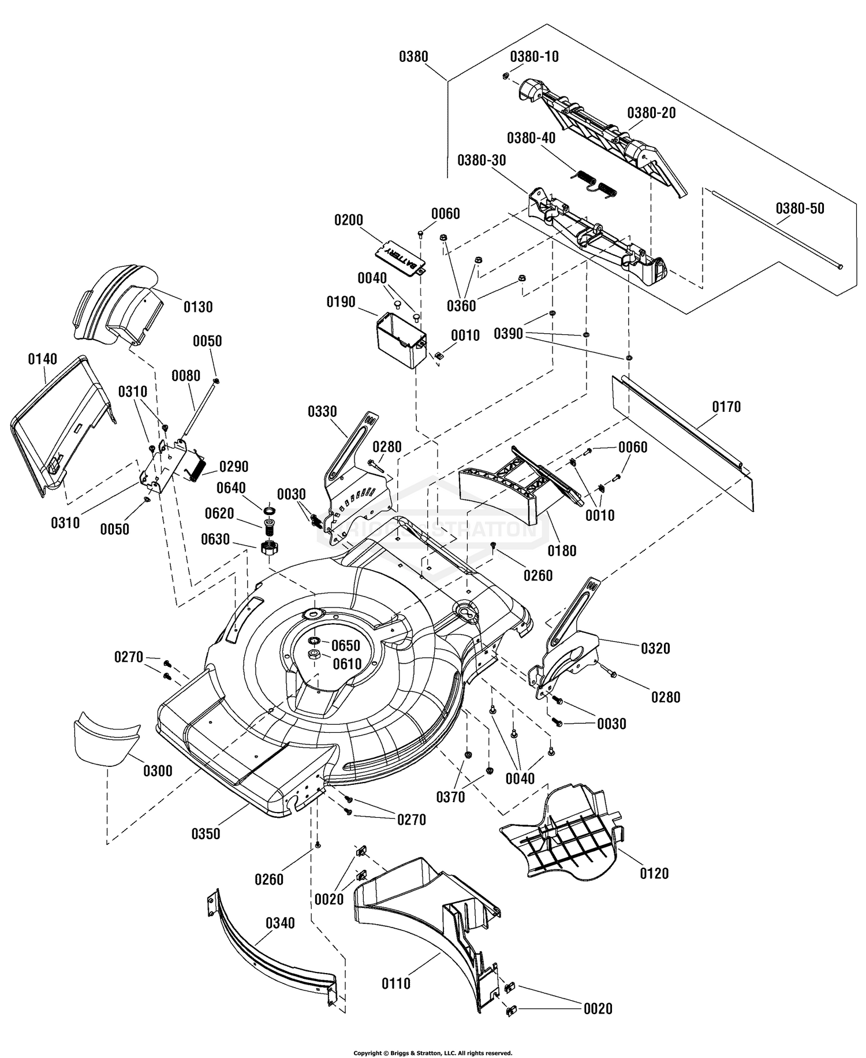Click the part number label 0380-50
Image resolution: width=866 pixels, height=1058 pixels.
coord(800,208)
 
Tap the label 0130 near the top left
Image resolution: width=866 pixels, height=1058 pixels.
coord(198,307)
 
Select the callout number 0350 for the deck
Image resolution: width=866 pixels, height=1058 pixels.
coord(206,833)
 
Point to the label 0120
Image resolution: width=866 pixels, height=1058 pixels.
coord(654,873)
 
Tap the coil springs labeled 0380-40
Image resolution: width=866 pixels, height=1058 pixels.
coord(595,182)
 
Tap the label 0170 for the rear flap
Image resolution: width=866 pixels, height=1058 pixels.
coord(726,407)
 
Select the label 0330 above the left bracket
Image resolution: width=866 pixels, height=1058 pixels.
coord(322,412)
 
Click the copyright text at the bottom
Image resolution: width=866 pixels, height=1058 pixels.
coord(432,1053)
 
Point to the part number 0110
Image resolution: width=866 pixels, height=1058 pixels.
coord(396,983)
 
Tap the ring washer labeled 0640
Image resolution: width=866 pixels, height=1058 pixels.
coord(269,511)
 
